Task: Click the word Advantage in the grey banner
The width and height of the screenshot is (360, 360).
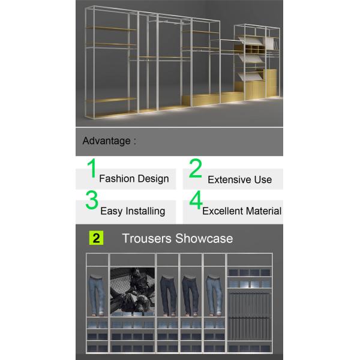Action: [107, 141]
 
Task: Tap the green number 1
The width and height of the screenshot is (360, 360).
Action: [92, 168]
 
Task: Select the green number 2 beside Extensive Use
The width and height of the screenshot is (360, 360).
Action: [196, 168]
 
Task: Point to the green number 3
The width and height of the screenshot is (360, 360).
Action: [92, 200]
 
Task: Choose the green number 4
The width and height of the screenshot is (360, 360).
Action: [196, 200]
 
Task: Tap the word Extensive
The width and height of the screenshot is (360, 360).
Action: [230, 179]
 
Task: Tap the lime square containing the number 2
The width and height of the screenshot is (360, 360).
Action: [96, 238]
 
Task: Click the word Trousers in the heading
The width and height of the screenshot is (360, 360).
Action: [147, 238]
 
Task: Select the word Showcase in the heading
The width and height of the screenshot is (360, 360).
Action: [204, 238]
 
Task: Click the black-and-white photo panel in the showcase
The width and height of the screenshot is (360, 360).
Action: [133, 291]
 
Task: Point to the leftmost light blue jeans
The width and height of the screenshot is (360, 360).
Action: [97, 295]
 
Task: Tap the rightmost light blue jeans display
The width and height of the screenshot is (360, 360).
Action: [214, 295]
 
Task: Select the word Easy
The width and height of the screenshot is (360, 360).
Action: [112, 211]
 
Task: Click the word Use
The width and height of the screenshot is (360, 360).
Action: [263, 179]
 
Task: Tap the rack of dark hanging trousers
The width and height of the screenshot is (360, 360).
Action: [250, 316]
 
